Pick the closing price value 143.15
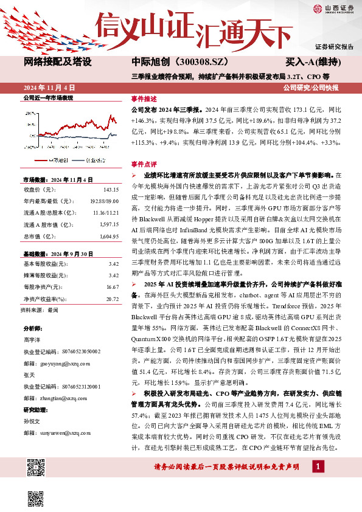tap(111, 189)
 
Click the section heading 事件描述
tap(144, 99)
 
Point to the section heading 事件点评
tap(144, 164)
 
